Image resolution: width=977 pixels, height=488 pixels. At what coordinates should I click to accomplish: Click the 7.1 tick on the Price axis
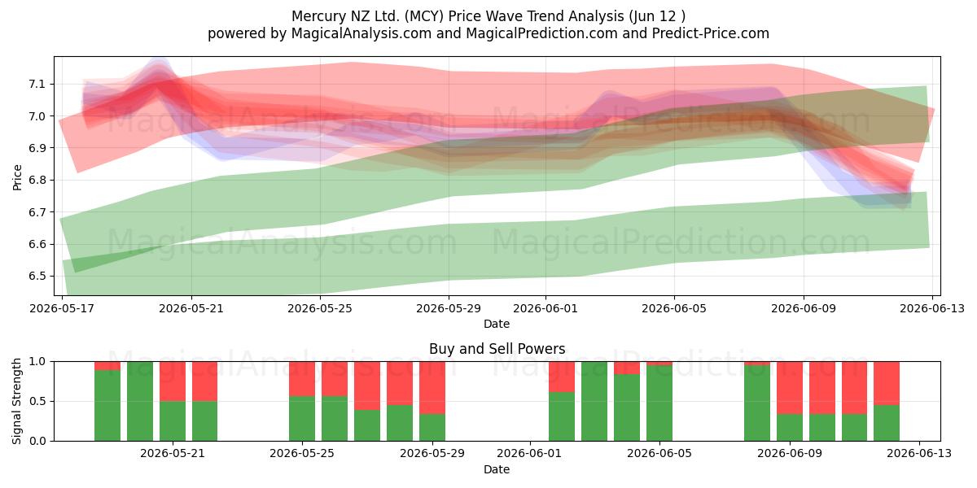tap(37, 84)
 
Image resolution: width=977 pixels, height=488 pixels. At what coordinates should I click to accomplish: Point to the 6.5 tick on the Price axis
tap(37, 277)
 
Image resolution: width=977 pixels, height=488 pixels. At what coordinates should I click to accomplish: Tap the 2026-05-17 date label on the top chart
tap(62, 308)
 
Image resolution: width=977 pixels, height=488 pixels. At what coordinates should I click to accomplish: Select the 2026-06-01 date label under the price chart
tap(545, 308)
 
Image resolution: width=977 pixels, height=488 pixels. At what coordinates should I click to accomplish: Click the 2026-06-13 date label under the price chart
tap(932, 308)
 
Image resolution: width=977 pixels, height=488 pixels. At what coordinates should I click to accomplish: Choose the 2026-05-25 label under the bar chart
tap(302, 454)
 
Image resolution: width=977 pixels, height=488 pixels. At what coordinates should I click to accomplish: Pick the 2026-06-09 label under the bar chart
tap(790, 454)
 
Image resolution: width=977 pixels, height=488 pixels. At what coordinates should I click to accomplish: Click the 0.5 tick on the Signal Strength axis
tap(37, 401)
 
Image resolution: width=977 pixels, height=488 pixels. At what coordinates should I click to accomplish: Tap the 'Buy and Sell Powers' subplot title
tap(497, 349)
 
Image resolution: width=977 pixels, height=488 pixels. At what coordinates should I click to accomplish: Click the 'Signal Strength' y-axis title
tap(16, 401)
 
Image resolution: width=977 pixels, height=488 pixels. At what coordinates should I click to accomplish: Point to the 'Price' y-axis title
tap(17, 177)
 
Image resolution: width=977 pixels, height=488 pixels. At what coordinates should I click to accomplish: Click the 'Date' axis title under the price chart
tap(497, 324)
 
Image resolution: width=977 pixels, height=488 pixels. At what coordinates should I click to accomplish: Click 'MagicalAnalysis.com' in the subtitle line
tap(361, 33)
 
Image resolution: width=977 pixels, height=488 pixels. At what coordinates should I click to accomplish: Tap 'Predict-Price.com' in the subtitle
tap(711, 33)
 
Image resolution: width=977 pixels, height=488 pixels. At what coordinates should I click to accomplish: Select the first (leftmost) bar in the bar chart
tap(107, 401)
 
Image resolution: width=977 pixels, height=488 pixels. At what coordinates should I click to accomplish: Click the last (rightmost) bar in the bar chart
tap(887, 401)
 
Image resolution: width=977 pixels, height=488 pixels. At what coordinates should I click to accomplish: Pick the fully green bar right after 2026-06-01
tap(594, 401)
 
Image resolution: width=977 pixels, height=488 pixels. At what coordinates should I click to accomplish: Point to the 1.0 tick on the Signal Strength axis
tap(37, 361)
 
